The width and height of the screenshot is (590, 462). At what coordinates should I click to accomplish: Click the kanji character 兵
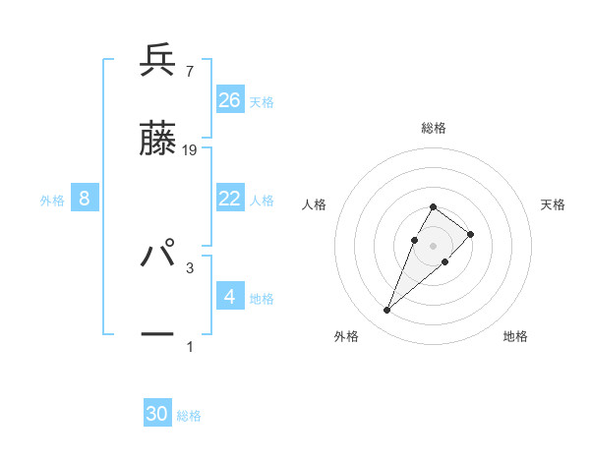click(157, 61)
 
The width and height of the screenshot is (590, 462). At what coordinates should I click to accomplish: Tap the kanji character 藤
click(157, 140)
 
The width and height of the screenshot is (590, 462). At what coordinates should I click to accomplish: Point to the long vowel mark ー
click(157, 334)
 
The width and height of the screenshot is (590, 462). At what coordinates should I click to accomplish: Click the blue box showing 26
click(230, 99)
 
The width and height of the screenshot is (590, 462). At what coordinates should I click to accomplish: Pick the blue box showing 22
click(230, 199)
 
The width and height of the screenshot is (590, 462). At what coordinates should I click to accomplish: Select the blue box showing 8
click(85, 199)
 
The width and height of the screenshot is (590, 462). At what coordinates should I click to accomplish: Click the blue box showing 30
click(157, 414)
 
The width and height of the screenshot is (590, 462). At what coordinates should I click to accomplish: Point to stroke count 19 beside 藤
click(191, 149)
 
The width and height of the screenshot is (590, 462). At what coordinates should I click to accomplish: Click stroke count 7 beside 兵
click(189, 71)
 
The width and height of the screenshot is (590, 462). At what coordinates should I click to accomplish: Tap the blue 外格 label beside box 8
click(52, 201)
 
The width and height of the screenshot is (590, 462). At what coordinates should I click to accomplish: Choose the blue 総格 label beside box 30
click(189, 416)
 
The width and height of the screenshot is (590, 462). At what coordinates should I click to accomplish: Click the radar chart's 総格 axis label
click(434, 128)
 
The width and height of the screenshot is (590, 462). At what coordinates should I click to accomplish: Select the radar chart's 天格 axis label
click(554, 204)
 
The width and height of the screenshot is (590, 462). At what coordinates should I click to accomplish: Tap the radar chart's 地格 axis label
click(515, 336)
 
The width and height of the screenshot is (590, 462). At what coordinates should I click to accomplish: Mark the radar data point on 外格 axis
click(386, 311)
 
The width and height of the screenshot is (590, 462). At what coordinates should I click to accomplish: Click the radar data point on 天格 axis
click(471, 234)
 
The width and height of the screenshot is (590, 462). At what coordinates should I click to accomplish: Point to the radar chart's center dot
click(433, 245)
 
